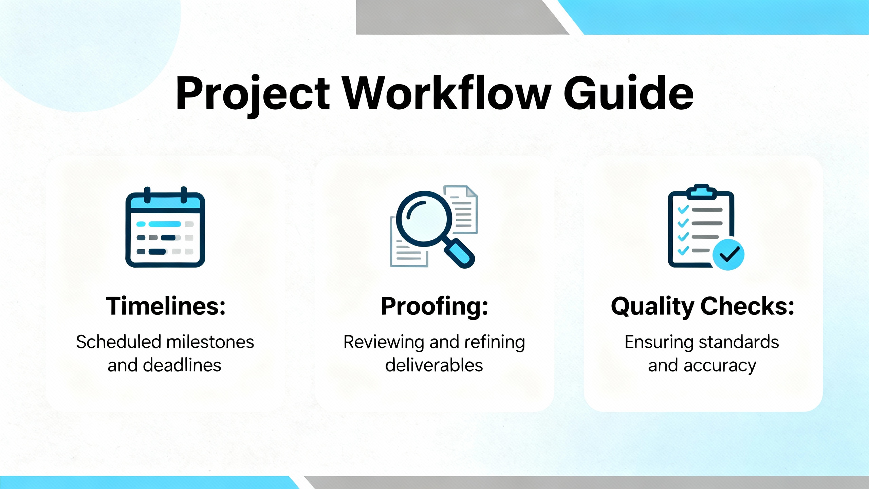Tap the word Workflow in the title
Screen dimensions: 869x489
446,92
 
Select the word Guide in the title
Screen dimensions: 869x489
628,92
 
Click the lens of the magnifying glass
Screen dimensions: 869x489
424,219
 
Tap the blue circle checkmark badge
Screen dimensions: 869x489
728,255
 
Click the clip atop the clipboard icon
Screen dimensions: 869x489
702,192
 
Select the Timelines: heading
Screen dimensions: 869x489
166,306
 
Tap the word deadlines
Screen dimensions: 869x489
182,365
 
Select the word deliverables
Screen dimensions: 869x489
434,365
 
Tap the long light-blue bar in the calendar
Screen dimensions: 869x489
165,224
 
